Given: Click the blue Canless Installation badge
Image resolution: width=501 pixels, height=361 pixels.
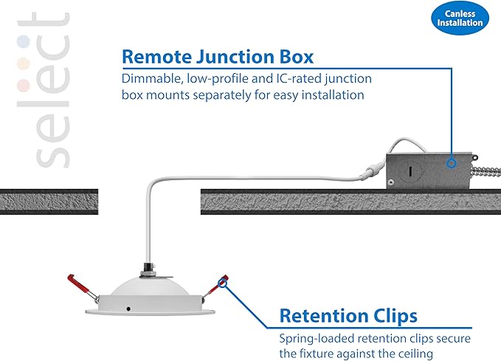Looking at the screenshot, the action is [x=460, y=18].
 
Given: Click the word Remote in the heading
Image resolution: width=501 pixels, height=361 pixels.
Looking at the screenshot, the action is [x=156, y=57].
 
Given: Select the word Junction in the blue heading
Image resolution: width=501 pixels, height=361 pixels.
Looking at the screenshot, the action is [x=235, y=57].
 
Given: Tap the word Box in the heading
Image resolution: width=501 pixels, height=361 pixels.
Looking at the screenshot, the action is [x=297, y=57].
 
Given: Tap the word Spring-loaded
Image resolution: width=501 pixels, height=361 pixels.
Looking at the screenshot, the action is [x=317, y=339].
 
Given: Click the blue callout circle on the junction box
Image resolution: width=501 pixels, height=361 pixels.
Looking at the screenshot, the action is [x=452, y=163].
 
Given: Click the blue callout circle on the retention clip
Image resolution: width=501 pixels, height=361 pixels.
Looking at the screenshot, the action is [x=222, y=283].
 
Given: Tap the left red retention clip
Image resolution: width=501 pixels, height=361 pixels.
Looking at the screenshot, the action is [x=82, y=287].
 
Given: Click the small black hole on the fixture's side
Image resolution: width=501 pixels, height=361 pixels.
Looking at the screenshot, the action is [x=128, y=309].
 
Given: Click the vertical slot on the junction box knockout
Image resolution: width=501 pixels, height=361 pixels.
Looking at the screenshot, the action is [x=410, y=172].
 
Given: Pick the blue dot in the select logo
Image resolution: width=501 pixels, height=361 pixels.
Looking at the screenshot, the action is [x=24, y=41].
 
